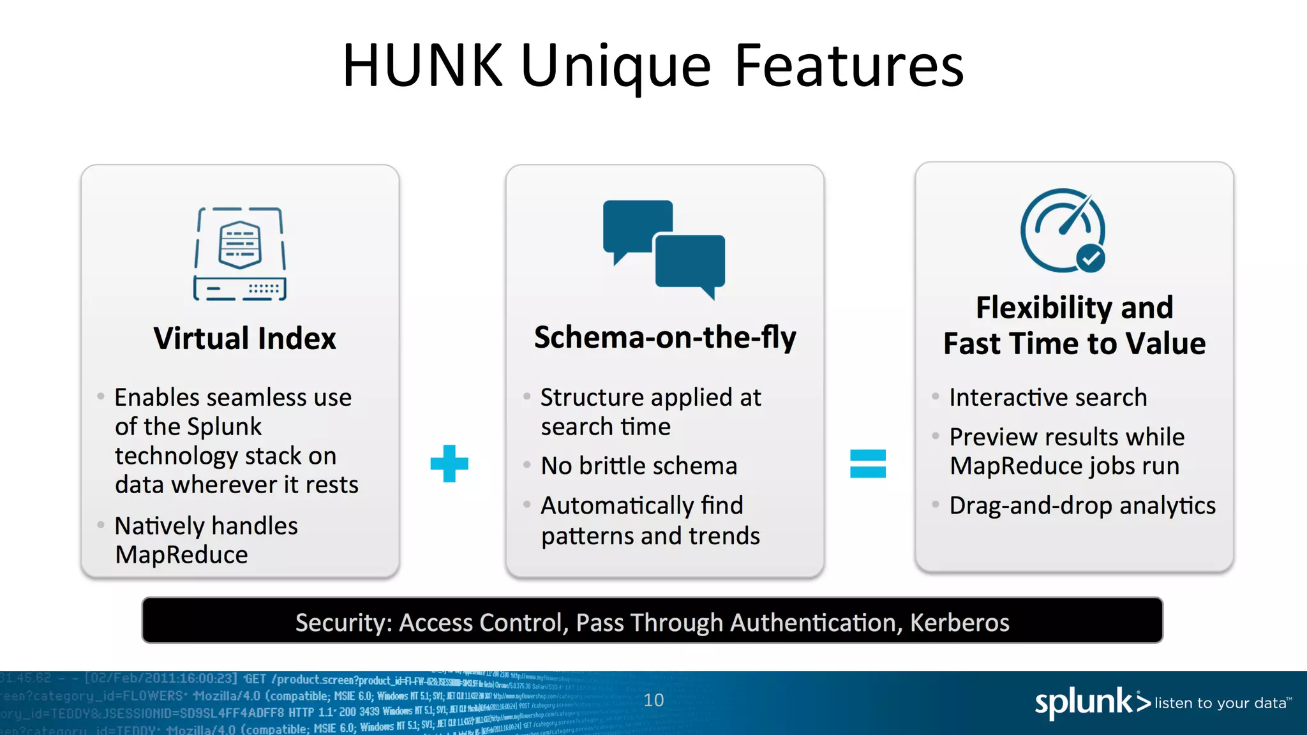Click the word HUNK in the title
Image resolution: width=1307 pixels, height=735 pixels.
pyautogui.click(x=422, y=65)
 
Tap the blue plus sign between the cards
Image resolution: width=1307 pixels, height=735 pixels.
pyautogui.click(x=449, y=464)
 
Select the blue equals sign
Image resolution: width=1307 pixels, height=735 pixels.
pyautogui.click(x=868, y=464)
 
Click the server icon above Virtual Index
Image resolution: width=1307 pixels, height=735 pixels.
pyautogui.click(x=240, y=254)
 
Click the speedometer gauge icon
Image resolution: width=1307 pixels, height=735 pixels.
pyautogui.click(x=1063, y=230)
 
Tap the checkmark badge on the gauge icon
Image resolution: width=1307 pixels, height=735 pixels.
pyautogui.click(x=1091, y=258)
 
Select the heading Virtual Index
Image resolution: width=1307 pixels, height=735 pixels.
pyautogui.click(x=244, y=338)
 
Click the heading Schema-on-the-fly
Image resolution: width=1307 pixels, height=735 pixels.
pyautogui.click(x=665, y=337)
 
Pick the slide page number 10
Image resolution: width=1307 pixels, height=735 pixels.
pyautogui.click(x=653, y=700)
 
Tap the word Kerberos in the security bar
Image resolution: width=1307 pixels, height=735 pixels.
pyautogui.click(x=959, y=622)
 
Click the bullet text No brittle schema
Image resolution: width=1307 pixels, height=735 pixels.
pyautogui.click(x=639, y=466)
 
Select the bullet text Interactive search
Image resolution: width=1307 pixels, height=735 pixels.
pyautogui.click(x=1048, y=397)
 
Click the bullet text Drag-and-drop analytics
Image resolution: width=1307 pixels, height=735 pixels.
pyautogui.click(x=1082, y=505)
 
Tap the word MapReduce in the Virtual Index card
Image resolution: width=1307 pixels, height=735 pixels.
pyautogui.click(x=182, y=554)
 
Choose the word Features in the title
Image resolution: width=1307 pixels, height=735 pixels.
pyautogui.click(x=849, y=65)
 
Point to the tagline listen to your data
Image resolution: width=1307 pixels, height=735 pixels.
pyautogui.click(x=1220, y=703)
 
